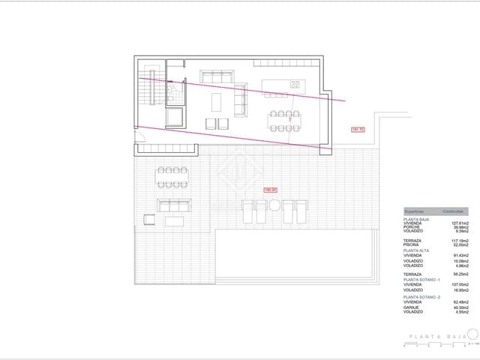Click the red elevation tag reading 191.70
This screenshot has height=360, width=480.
coord(357,130)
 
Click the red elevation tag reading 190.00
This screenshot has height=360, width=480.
coord(270,190)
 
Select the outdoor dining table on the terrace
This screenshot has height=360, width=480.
coord(172,177)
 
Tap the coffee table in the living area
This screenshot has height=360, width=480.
coord(217,100)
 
